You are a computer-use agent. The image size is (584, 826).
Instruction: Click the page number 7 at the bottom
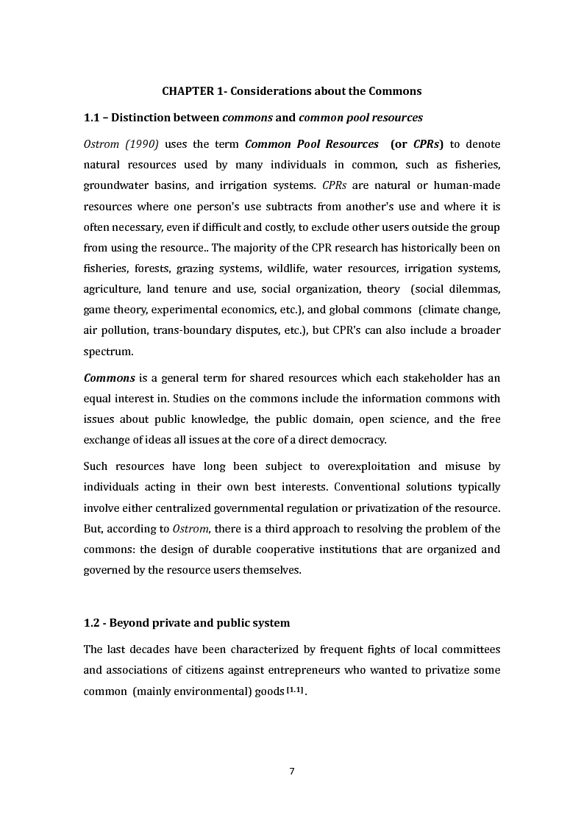point(292,772)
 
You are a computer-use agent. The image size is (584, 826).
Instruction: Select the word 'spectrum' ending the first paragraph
point(108,352)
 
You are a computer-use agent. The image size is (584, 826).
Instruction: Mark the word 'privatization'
point(407,508)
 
